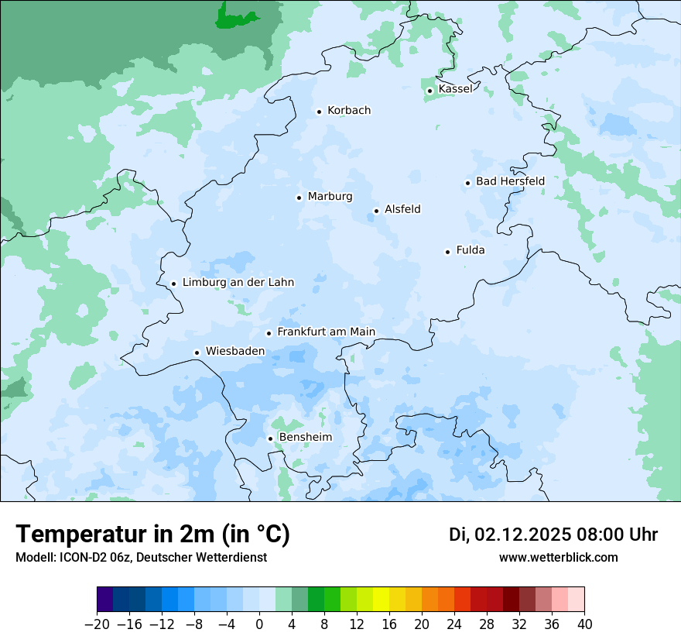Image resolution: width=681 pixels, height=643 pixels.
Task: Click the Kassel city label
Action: (455, 89)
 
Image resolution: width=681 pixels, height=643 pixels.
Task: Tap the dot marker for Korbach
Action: (319, 112)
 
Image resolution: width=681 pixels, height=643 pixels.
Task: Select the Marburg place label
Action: (330, 197)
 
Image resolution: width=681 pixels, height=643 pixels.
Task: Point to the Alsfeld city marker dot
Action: (376, 211)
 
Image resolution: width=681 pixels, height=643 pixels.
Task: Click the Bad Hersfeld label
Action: (510, 181)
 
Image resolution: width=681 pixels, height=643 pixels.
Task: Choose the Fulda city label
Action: (471, 250)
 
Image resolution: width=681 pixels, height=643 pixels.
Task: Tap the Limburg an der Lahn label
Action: (238, 283)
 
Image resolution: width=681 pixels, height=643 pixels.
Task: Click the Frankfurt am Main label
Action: (326, 332)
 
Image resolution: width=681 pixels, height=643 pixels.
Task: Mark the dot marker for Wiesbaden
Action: (197, 352)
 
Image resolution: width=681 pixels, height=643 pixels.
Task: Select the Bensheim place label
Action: (305, 438)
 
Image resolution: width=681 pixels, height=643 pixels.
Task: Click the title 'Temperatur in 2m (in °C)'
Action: (152, 535)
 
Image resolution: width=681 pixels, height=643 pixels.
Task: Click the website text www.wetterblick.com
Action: (558, 558)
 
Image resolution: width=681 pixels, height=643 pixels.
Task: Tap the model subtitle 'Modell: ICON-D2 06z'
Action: (74, 558)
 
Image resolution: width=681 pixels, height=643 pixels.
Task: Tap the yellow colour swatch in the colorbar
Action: (381, 600)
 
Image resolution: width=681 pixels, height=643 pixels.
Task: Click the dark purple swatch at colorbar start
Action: (105, 600)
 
